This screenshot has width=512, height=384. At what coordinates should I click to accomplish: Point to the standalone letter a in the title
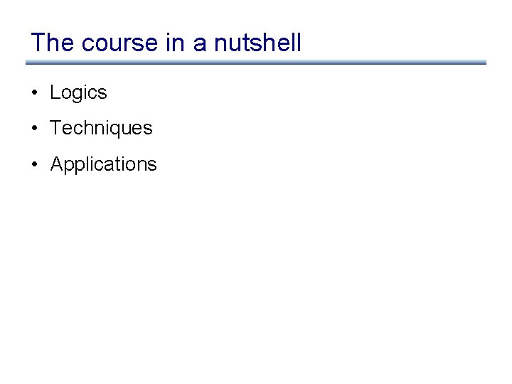coord(200,44)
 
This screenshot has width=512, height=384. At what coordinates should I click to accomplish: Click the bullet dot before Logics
coord(34,93)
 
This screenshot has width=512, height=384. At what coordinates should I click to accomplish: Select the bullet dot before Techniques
coord(34,129)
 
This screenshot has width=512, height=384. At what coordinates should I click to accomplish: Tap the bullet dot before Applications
coord(34,164)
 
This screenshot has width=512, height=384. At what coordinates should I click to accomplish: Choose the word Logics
coord(78,93)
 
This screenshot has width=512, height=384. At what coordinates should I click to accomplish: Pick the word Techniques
coord(101,129)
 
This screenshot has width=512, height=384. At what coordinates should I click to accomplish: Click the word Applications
coord(103,164)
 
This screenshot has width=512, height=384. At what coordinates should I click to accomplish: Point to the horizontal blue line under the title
coord(256,63)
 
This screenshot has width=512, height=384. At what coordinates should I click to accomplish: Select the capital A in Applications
coord(57,164)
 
